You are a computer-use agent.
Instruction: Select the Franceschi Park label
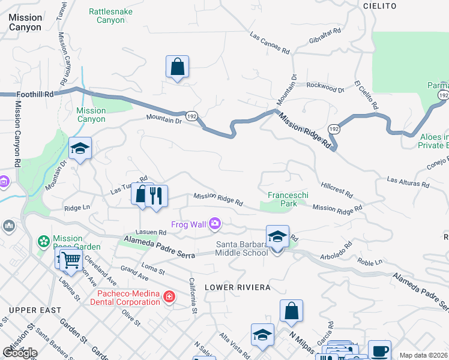(282, 199)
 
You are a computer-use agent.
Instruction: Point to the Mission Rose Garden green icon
(43, 241)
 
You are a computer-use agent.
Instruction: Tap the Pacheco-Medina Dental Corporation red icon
(169, 296)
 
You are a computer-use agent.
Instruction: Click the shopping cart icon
(71, 260)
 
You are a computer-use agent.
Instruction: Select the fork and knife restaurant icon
(156, 196)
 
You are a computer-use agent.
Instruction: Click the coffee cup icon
(379, 351)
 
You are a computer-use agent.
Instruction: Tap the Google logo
(20, 353)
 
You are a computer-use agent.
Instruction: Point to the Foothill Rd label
(35, 94)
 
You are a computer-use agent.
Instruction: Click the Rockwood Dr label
(325, 88)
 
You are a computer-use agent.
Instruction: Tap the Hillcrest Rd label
(337, 190)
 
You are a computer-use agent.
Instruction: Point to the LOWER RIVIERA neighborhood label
(237, 287)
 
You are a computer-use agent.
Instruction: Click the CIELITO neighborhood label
(380, 5)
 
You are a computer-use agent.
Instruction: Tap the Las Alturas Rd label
(408, 181)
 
